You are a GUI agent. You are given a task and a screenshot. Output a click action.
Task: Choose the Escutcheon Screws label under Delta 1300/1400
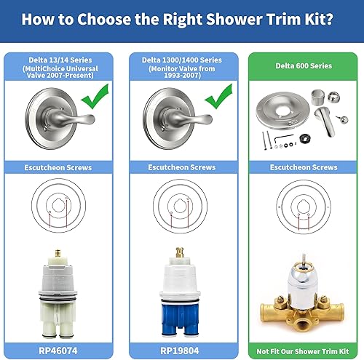(182, 167)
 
